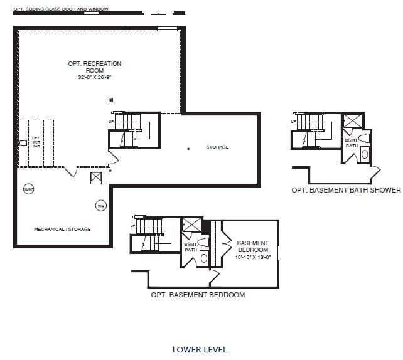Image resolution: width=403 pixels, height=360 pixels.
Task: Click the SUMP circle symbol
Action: pyautogui.click(x=28, y=189)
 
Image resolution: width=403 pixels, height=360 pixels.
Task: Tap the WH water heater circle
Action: pyautogui.click(x=100, y=205)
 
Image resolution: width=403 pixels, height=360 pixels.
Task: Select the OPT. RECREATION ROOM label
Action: pyautogui.click(x=95, y=67)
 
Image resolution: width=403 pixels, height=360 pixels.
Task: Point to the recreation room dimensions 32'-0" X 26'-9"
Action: pyautogui.click(x=94, y=77)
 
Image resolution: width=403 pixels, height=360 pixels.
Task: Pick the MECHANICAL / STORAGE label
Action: pyautogui.click(x=62, y=230)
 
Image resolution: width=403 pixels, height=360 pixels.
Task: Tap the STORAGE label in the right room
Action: pyautogui.click(x=217, y=147)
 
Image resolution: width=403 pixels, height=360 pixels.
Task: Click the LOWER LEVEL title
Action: pyautogui.click(x=200, y=349)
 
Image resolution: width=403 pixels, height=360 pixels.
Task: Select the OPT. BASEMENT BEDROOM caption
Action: pyautogui.click(x=198, y=295)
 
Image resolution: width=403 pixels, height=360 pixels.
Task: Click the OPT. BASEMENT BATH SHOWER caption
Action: pyautogui.click(x=345, y=190)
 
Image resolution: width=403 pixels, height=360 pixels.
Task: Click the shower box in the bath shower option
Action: pyautogui.click(x=352, y=121)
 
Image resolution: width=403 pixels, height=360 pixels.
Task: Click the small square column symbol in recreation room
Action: pyautogui.click(x=111, y=100)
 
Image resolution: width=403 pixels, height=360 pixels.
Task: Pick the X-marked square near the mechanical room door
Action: pyautogui.click(x=96, y=177)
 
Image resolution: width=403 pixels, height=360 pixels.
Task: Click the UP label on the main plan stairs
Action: pyautogui.click(x=111, y=122)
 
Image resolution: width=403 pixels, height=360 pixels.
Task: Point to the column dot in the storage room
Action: pyautogui.click(x=188, y=149)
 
